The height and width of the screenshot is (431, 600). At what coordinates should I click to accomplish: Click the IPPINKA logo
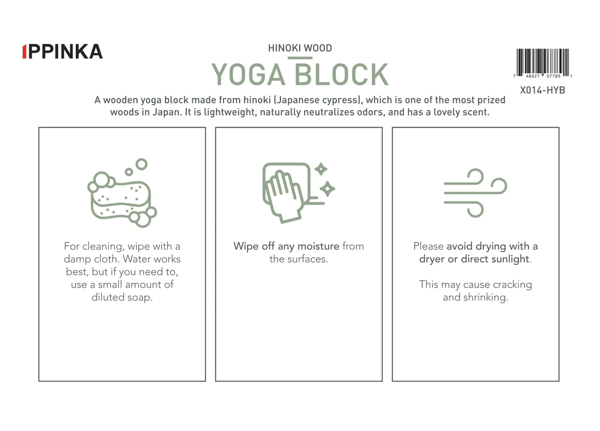63,52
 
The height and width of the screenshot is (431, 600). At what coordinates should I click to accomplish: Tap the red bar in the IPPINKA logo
24,52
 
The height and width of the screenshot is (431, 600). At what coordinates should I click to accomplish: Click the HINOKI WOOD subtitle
300,48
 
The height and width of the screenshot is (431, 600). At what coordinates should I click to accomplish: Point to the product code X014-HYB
542,90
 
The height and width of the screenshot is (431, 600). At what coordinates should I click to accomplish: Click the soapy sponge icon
122,193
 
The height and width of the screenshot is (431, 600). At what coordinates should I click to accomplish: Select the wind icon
475,193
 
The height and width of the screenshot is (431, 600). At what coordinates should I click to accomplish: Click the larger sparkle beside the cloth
327,189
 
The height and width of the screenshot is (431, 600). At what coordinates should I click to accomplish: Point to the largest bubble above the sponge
142,164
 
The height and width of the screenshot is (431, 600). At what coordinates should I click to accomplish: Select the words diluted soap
122,297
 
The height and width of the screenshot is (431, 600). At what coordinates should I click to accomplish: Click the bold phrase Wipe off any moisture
286,246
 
